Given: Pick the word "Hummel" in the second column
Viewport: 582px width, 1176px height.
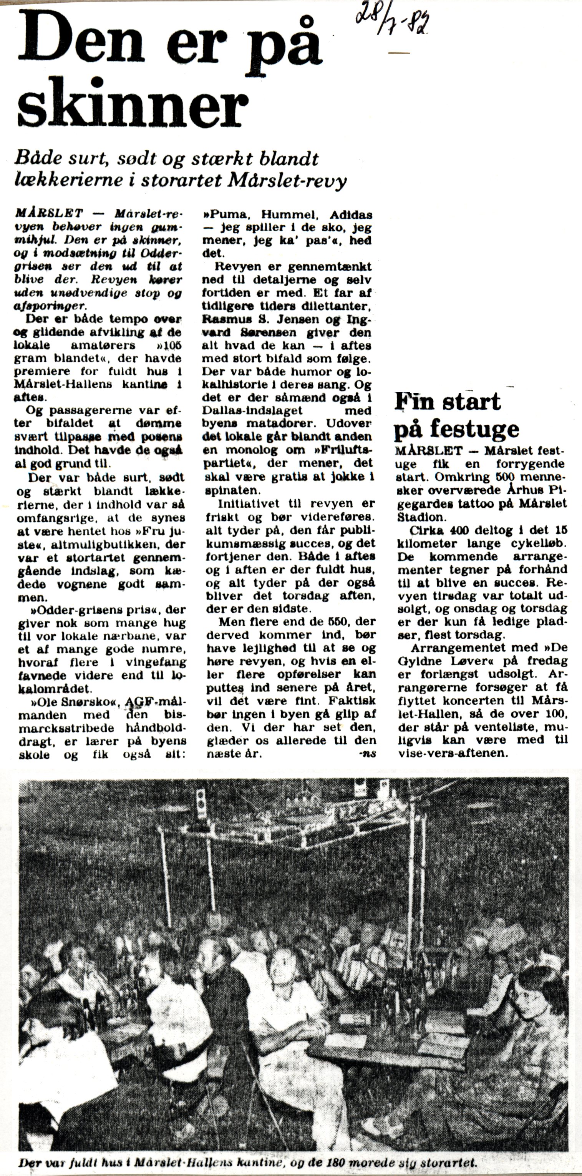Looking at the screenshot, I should point(291,214).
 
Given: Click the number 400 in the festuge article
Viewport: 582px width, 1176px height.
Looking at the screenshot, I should point(466,530).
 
